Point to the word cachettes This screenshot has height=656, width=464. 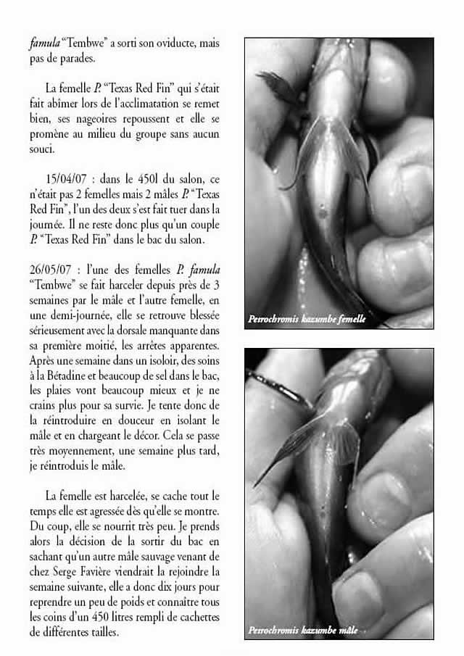[194, 616]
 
